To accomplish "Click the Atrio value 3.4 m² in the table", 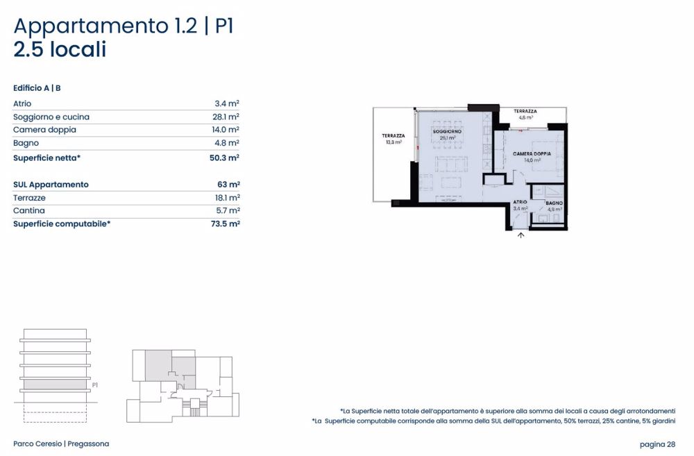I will tap(227, 103).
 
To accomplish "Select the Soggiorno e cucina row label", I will tap(51, 117).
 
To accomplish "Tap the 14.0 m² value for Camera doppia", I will tap(227, 130).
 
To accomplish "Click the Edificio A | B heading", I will tap(37, 88).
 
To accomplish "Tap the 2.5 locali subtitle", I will tap(60, 50).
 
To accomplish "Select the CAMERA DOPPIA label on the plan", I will tap(532, 153).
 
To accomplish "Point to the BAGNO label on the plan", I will tap(554, 203).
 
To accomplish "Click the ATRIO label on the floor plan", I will tap(520, 202).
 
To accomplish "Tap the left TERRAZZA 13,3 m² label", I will tap(393, 135).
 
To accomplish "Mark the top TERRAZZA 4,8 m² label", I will tap(525, 111).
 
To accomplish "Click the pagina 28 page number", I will tap(657, 444).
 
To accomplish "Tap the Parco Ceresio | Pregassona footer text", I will tap(61, 444).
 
